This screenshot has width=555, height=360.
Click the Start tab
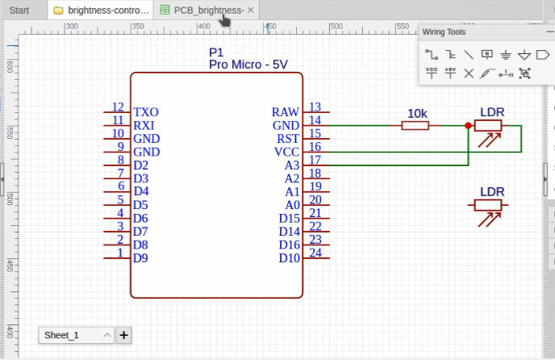19,10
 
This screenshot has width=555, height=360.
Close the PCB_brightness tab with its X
251,10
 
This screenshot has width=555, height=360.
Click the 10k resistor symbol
415,125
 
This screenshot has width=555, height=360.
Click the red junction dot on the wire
468,125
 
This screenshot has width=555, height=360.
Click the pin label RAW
285,112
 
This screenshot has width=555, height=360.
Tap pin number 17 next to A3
315,160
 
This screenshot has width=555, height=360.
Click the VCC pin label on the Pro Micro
286,152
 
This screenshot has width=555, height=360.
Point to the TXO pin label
146,112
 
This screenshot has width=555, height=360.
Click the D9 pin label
140,258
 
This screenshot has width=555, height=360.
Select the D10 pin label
289,258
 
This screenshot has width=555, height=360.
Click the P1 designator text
216,52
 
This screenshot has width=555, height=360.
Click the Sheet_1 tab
62,335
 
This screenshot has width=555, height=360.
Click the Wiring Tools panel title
444,32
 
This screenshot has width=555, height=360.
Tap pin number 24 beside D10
315,253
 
